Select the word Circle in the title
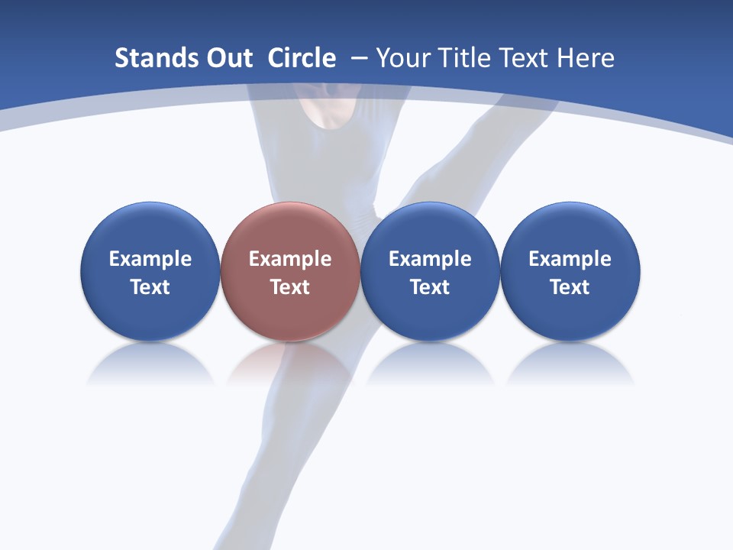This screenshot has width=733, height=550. (x=302, y=58)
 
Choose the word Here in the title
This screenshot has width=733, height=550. (x=586, y=58)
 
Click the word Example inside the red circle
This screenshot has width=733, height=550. (x=290, y=259)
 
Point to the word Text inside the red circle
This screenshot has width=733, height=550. (x=290, y=287)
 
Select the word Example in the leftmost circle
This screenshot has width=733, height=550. (x=150, y=259)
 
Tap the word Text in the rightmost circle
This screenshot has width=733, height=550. (x=570, y=287)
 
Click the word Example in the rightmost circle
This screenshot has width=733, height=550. (x=570, y=259)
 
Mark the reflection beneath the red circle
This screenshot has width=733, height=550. (x=289, y=365)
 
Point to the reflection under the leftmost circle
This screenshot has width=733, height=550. (x=150, y=365)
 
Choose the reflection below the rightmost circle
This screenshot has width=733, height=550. (x=570, y=365)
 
